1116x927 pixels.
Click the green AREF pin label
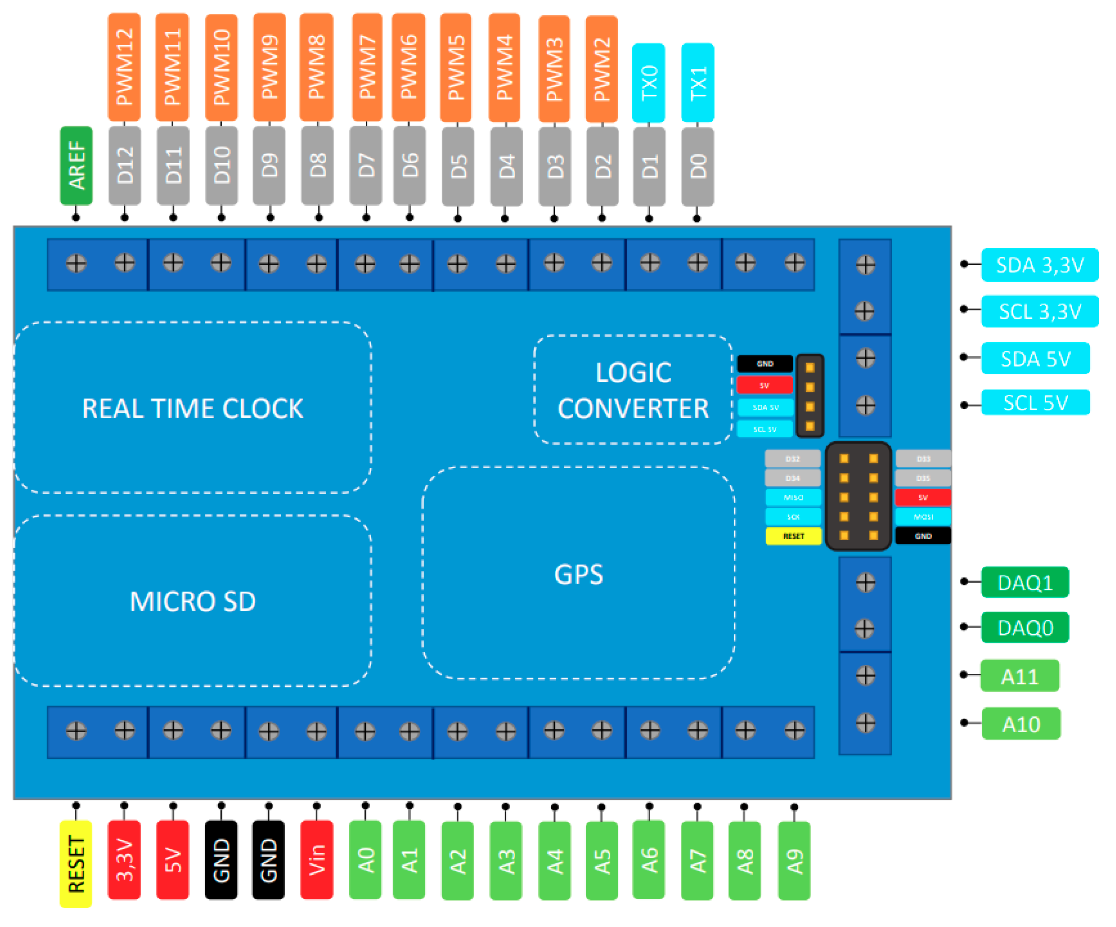coord(76,165)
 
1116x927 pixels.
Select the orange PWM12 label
coord(124,67)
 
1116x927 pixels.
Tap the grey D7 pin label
coord(366,165)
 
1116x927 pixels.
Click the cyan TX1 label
coord(697,83)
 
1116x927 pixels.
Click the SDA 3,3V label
coord(1039,265)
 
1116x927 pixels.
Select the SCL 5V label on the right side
coord(1035,402)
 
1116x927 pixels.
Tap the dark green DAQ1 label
coord(1025,583)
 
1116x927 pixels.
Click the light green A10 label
coord(1020,724)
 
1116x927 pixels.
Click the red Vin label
coord(317,860)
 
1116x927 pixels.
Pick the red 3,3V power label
coord(124,860)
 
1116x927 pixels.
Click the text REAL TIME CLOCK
coord(192,408)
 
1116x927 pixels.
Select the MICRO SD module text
coord(192,601)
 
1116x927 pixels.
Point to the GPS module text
coord(578,574)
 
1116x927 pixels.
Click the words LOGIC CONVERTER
coord(633,390)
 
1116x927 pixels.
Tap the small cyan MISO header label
coord(793,498)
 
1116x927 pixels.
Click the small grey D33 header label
coord(923,459)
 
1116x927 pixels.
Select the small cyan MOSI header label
coord(923,516)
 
